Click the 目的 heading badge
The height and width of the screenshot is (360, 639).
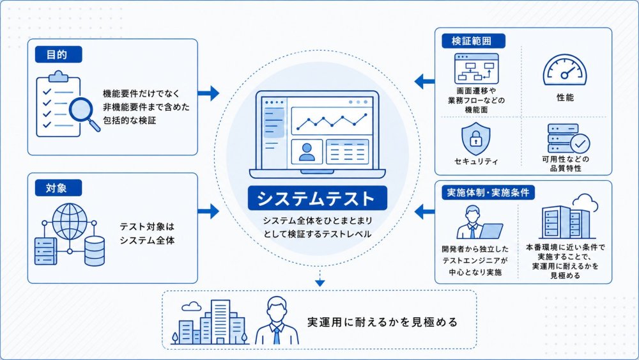(58, 54)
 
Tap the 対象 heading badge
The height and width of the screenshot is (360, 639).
(58, 188)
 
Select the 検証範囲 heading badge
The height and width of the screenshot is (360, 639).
(473, 41)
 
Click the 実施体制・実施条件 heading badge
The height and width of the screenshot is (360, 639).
(488, 192)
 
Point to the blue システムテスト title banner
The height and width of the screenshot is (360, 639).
(317, 198)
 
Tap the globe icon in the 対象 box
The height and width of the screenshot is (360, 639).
(70, 221)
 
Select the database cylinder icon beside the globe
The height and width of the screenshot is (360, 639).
(95, 251)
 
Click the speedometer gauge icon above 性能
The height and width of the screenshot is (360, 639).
(565, 70)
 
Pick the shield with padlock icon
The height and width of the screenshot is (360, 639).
(475, 139)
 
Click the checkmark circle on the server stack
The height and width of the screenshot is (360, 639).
(580, 143)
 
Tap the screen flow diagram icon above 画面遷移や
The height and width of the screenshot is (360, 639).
(476, 69)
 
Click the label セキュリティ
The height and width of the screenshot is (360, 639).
(476, 161)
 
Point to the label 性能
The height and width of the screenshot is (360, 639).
(566, 97)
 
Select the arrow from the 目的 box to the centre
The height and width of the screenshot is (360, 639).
(208, 93)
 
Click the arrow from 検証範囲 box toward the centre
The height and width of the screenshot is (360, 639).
(425, 81)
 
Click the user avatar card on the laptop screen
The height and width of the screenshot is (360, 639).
(307, 152)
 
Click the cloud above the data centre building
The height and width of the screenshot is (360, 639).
(585, 203)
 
